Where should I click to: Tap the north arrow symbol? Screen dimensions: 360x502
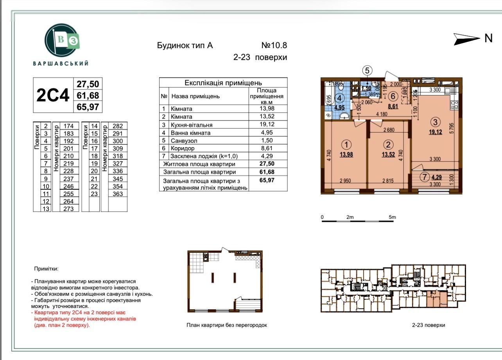pyautogui.click(x=467, y=39)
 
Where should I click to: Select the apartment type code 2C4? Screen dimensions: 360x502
pyautogui.click(x=53, y=95)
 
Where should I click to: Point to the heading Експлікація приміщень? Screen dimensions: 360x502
pyautogui.click(x=223, y=83)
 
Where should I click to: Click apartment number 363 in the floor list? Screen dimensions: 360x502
pyautogui.click(x=118, y=194)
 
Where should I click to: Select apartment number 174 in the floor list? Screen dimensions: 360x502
pyautogui.click(x=69, y=126)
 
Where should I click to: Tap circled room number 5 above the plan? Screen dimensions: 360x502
pyautogui.click(x=367, y=70)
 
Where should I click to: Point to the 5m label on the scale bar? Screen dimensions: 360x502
pyautogui.click(x=392, y=217)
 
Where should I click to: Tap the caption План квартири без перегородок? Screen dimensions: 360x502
pyautogui.click(x=227, y=325)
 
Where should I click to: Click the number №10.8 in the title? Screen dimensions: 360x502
pyautogui.click(x=274, y=45)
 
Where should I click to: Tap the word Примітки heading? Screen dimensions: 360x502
pyautogui.click(x=46, y=269)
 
